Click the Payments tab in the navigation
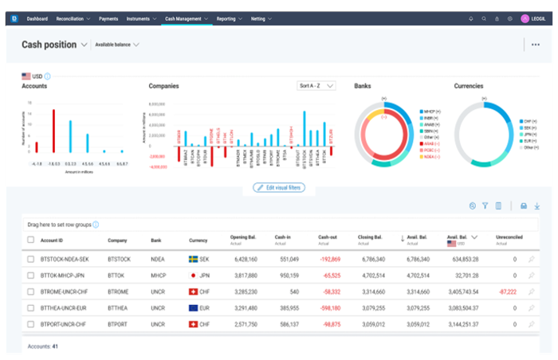pyautogui.click(x=110, y=18)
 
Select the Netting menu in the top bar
pyautogui.click(x=261, y=18)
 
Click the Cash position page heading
pyautogui.click(x=49, y=45)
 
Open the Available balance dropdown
pyautogui.click(x=116, y=45)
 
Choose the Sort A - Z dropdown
pyautogui.click(x=316, y=85)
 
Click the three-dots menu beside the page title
pyautogui.click(x=535, y=45)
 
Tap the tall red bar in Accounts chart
pyautogui.click(x=53, y=131)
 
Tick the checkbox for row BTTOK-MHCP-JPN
pyautogui.click(x=31, y=275)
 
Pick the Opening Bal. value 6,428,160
pyautogui.click(x=242, y=259)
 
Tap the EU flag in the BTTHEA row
pyautogui.click(x=193, y=307)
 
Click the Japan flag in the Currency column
pyautogui.click(x=193, y=275)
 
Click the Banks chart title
pyautogui.click(x=363, y=85)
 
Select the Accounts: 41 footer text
pyautogui.click(x=43, y=346)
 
